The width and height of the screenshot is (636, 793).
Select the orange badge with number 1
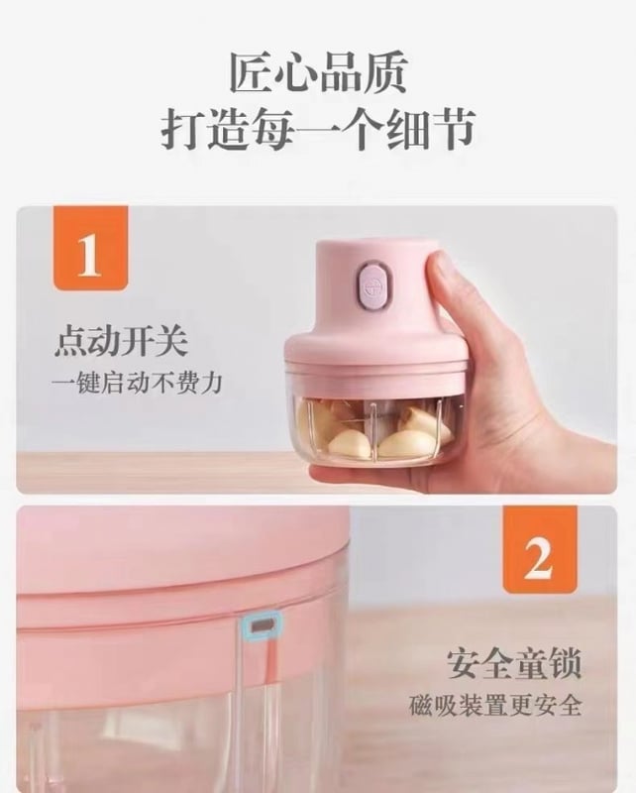coord(90,248)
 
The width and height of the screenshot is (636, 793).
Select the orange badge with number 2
coord(540,549)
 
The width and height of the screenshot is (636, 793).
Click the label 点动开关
coord(121,342)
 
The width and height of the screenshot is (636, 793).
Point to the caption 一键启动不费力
coord(137,383)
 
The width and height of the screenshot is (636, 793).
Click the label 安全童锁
coord(513,663)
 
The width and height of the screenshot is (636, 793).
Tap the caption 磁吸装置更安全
coord(495,705)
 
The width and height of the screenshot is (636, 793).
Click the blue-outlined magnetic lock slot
coord(262,625)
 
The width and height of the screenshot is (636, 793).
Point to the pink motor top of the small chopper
coord(371,285)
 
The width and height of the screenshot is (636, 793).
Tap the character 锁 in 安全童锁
coord(565,663)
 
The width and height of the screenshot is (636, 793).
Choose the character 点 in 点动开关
coord(70,342)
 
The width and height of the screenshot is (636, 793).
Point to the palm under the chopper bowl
coord(505,445)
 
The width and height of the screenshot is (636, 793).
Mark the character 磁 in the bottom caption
coord(421,705)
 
